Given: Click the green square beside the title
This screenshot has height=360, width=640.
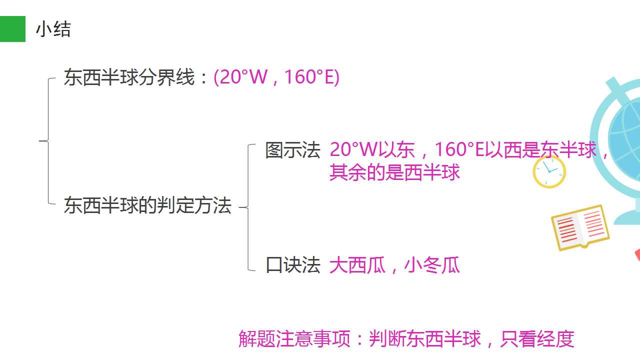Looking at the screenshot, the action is tap(12, 29).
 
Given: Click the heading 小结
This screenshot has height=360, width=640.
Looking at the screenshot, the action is tap(53, 29).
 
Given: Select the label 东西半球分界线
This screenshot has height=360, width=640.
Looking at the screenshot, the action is tap(129, 77).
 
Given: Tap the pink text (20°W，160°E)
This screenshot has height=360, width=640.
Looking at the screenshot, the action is tap(276, 77).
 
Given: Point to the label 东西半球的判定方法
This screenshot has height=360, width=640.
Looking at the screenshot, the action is tap(147, 205).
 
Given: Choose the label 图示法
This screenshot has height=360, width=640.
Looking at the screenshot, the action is tap(292, 150).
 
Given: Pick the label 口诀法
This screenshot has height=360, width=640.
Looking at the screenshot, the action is tap(292, 265).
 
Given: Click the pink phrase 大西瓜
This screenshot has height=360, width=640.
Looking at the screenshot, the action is tap(357, 265).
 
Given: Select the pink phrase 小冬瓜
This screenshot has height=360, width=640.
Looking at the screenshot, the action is tap(432, 265).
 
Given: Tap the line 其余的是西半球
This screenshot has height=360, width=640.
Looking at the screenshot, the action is tap(394, 172).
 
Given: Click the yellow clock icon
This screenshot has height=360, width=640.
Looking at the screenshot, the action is tap(549, 171).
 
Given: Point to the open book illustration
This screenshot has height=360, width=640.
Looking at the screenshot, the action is tap(580, 227).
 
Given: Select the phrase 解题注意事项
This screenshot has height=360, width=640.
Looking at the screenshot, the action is tap(294, 339).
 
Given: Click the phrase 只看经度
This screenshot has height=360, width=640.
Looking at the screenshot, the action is tap(537, 339).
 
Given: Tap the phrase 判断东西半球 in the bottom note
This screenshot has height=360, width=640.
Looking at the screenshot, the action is tap(424, 339).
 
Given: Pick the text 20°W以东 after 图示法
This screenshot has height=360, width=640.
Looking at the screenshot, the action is tap(372, 149).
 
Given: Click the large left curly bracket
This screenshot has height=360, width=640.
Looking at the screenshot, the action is tap(48, 140).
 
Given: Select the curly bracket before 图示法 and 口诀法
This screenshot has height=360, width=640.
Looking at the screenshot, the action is tap(248, 207).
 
